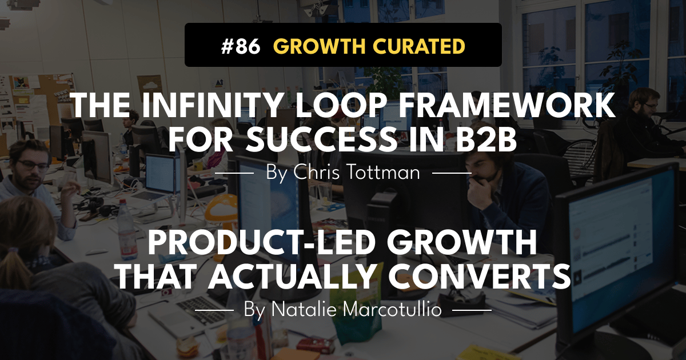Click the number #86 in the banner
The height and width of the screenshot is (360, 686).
(241, 46)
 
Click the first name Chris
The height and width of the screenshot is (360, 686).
(316, 172)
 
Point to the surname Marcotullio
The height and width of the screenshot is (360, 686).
(388, 310)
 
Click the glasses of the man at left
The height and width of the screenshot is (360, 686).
(33, 165)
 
